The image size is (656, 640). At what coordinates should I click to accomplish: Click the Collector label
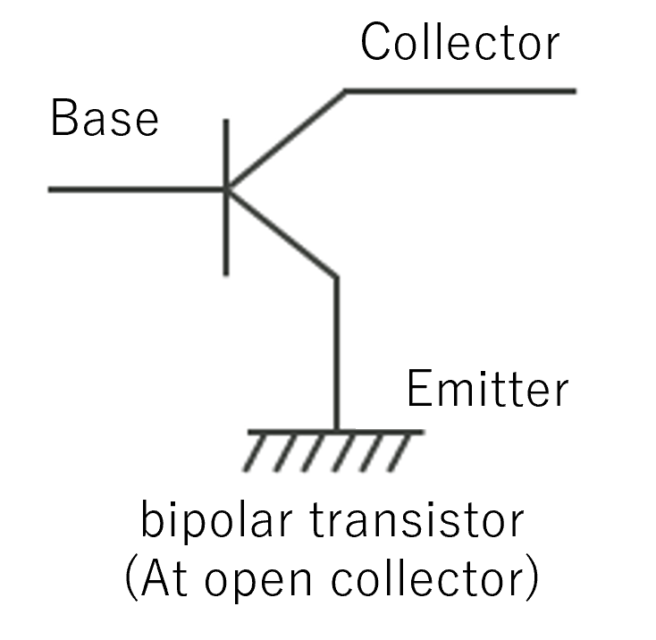click(459, 42)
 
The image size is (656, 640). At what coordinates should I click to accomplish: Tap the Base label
click(105, 119)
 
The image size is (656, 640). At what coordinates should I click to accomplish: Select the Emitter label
click(487, 390)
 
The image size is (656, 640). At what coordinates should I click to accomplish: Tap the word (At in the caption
click(156, 581)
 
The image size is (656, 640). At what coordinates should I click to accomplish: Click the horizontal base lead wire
click(134, 189)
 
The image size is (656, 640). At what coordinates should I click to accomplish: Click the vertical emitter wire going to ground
click(337, 358)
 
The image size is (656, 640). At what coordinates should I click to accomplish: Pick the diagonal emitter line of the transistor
click(282, 233)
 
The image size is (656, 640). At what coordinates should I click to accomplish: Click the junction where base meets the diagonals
click(226, 189)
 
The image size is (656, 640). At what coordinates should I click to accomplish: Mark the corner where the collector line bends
click(346, 90)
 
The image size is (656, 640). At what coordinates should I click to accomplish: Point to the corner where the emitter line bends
click(337, 277)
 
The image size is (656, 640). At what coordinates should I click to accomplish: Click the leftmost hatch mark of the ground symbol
click(256, 454)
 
